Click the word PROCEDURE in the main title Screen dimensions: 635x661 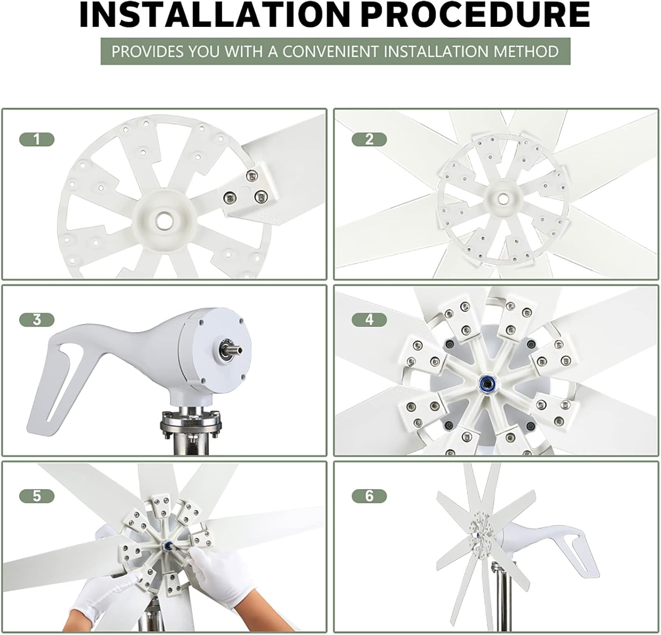click(x=478, y=15)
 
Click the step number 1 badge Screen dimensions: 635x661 click(x=37, y=140)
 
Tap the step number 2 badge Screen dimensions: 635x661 click(x=369, y=140)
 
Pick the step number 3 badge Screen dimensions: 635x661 click(x=37, y=320)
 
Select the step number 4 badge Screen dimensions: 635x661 click(x=369, y=320)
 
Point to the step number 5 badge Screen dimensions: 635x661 click(x=37, y=496)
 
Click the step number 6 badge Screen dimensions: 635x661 click(x=369, y=496)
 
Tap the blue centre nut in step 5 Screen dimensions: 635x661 click(x=169, y=547)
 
